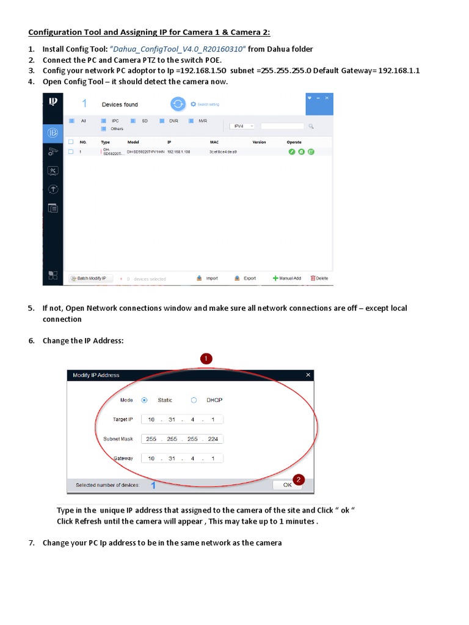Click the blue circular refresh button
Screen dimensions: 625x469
177,104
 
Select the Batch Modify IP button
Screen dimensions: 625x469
90,278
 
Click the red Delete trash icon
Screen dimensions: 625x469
313,278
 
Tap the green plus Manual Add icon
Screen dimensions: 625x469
276,278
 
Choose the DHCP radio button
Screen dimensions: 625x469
194,400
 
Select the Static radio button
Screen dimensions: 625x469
144,400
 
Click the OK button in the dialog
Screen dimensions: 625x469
287,485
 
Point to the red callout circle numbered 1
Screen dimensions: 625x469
206,359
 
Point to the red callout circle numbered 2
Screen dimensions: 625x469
298,480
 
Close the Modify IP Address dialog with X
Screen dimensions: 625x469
308,375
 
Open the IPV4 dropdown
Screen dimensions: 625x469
242,126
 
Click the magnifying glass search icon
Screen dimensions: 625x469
311,126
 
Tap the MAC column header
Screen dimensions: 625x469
214,142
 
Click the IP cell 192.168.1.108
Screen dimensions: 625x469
178,151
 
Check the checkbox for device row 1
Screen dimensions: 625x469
71,151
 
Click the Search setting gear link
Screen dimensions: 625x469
206,104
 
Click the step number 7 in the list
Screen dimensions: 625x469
31,543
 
